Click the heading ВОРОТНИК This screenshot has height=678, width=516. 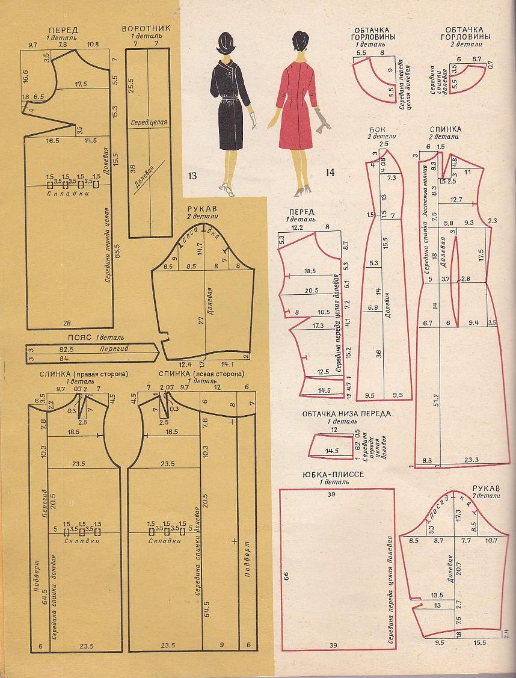146,28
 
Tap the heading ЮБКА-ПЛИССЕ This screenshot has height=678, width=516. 332,475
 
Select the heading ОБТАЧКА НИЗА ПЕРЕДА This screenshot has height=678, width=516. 346,414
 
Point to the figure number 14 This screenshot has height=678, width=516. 330,173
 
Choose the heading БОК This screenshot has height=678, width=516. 378,129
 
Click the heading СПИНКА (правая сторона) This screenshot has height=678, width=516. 84,374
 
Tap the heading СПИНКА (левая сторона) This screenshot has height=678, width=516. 201,374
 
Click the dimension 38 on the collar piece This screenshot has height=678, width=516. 132,169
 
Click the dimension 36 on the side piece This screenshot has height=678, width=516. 379,354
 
